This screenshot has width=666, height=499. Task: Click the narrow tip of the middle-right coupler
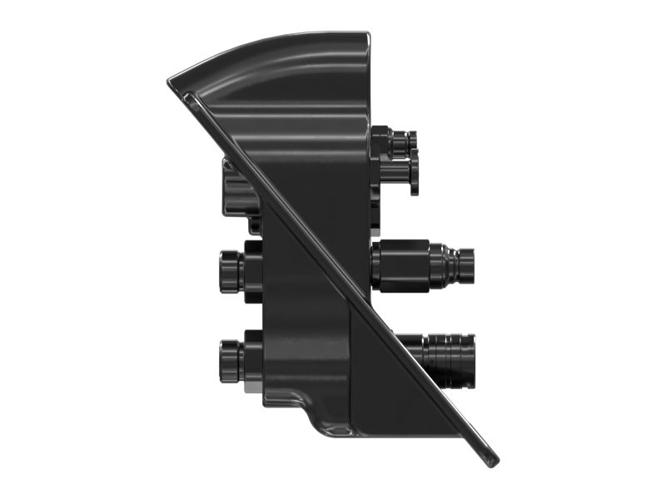click(465, 264)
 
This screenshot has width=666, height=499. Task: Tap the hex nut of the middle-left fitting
click(251, 272)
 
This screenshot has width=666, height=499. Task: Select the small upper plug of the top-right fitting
click(403, 143)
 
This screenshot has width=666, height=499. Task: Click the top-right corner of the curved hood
click(366, 35)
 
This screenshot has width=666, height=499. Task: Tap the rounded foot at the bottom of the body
click(333, 426)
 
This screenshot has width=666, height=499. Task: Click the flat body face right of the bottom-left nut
click(300, 358)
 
